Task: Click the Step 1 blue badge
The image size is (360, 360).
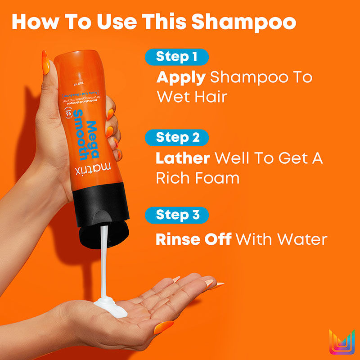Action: (176, 57)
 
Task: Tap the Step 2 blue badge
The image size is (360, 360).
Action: (177, 137)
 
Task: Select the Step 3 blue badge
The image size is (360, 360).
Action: (177, 215)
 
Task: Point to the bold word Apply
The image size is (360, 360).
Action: (180, 77)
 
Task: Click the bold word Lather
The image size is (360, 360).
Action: (183, 158)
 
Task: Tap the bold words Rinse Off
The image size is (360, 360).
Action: (193, 239)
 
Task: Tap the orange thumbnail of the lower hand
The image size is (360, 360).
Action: (162, 327)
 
